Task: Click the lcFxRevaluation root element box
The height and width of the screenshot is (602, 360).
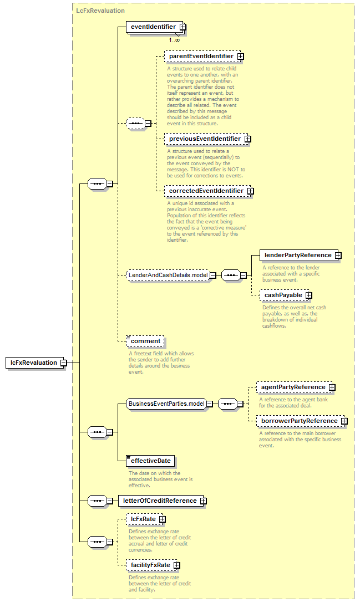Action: coord(36,363)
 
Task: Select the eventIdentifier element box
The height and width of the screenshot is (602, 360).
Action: coord(156,27)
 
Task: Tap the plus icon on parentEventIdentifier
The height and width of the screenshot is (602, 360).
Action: coord(241,57)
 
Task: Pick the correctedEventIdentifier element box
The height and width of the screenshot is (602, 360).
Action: coord(209,191)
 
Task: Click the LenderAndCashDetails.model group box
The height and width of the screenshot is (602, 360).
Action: coord(171,276)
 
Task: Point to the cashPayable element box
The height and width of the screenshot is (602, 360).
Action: coord(286,295)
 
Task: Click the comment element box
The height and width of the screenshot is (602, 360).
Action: coord(145,341)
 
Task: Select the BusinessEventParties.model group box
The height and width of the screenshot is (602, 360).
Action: coord(169,404)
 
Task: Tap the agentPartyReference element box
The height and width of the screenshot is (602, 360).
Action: coord(296,387)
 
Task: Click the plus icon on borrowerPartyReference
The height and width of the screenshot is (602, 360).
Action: coord(344,421)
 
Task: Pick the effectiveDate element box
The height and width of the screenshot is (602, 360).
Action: coord(150,461)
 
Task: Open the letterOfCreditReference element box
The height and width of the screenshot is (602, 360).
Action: coord(162,501)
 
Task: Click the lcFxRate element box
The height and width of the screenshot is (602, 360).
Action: coord(146,519)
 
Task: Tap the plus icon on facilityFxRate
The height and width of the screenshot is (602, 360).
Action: coord(176,565)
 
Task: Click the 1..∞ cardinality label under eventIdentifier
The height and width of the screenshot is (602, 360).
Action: coord(174,40)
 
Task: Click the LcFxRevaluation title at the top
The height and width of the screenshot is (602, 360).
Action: coord(100,11)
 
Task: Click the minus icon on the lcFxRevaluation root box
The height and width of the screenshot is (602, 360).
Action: coord(64,363)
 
